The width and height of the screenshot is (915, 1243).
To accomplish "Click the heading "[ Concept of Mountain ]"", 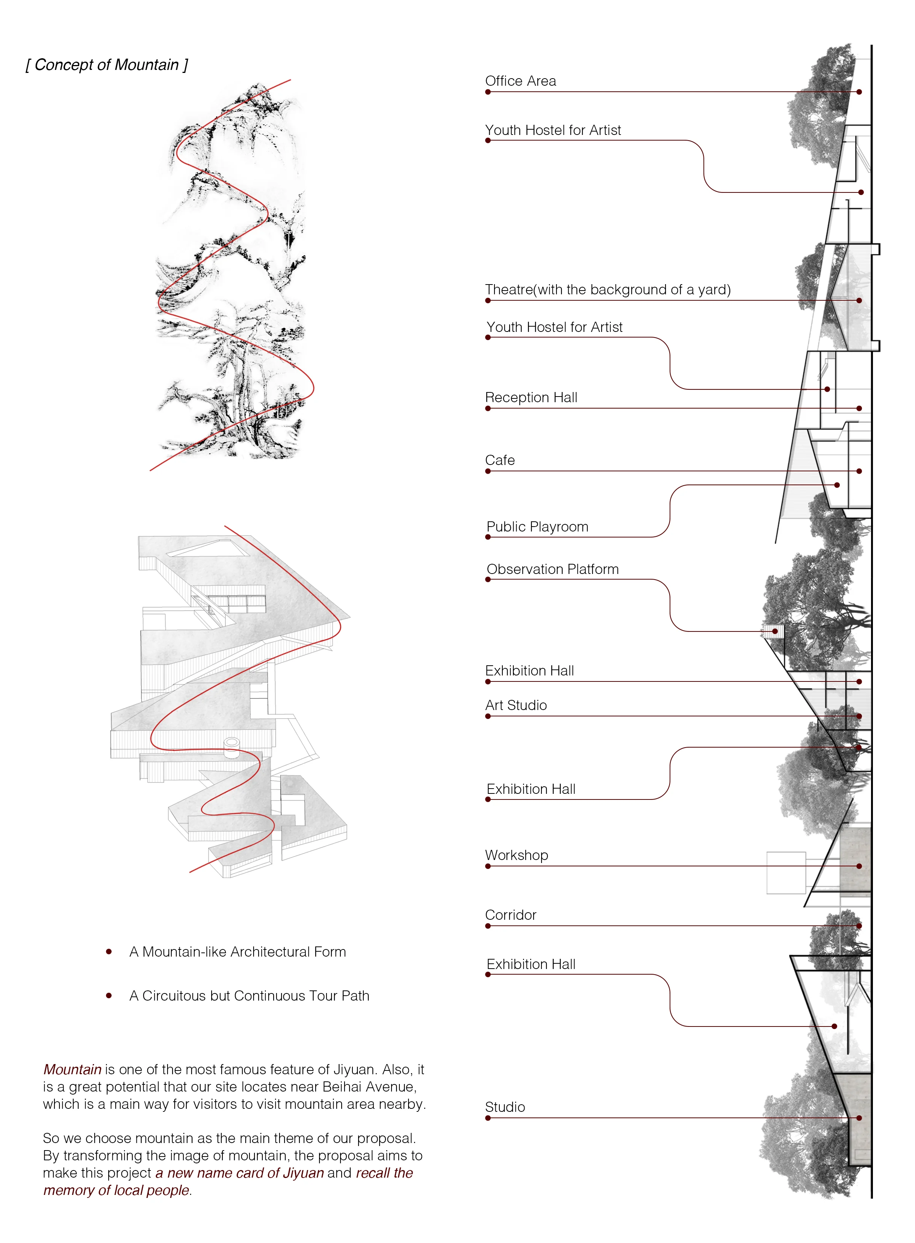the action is pos(107,65).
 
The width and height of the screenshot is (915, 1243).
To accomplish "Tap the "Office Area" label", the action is pos(521,81).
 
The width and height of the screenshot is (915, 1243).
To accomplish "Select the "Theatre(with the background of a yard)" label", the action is pos(608,290).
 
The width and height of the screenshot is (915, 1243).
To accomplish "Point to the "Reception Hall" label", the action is pos(531,397).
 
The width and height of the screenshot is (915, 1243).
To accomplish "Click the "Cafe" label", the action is pos(500,460).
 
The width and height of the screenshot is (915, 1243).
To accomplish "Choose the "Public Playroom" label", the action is pos(537,527).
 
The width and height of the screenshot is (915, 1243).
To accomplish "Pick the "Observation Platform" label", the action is pos(553,569).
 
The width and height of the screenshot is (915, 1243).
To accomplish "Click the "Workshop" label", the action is pos(517,855).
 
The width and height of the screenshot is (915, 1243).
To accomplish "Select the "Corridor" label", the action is pos(511,915).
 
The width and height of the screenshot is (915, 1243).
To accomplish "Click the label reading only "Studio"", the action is pos(505,1107).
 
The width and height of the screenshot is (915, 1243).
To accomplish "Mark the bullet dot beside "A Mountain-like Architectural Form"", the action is pos(109,952).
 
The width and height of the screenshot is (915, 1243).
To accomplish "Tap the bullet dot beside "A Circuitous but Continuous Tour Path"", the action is pos(109,995).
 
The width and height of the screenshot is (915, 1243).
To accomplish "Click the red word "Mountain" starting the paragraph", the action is pos(73,1070).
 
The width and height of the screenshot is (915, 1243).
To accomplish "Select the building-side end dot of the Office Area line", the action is pos(859,92).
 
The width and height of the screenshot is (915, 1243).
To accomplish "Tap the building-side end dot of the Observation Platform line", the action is pos(776,631).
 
